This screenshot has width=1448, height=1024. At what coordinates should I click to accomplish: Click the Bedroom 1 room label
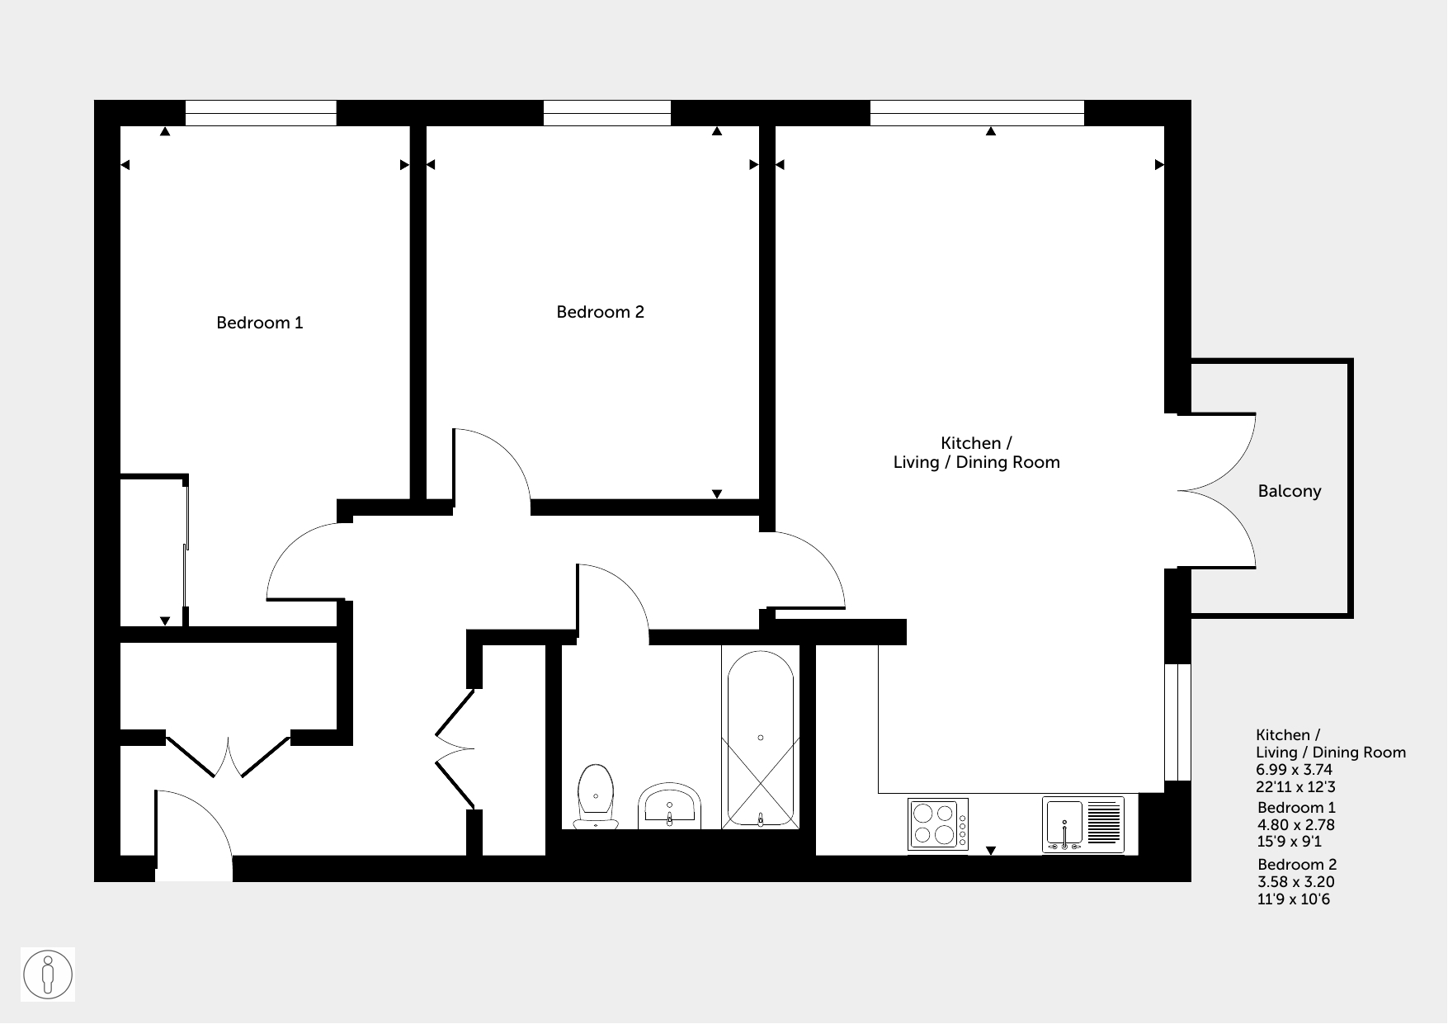(x=260, y=323)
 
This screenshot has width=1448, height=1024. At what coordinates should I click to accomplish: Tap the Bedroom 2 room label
(x=600, y=312)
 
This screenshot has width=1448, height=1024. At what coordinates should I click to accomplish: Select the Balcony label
(x=1290, y=492)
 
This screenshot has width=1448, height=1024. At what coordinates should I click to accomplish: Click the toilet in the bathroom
(x=596, y=796)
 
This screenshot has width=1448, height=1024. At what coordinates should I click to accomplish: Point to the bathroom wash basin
(x=669, y=806)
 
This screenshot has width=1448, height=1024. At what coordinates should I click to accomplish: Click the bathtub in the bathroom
(x=760, y=739)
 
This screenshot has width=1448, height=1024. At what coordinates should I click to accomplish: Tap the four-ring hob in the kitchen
(x=938, y=823)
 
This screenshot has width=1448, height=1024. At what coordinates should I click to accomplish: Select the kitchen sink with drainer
(x=1083, y=824)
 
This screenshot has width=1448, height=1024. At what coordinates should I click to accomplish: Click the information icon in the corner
(x=48, y=974)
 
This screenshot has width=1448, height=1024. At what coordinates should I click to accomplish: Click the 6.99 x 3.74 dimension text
(x=1295, y=769)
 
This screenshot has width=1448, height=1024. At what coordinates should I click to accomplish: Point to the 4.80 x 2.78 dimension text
(x=1296, y=825)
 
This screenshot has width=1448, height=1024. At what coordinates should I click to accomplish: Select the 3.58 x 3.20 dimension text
(x=1296, y=882)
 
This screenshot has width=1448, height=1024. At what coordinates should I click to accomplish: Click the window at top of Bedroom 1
(x=261, y=113)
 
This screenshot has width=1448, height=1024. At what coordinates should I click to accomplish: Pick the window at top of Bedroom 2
(x=607, y=113)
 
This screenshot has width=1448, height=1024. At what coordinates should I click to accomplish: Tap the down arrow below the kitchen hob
(x=991, y=851)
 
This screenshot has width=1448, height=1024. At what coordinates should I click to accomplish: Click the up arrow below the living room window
(x=991, y=131)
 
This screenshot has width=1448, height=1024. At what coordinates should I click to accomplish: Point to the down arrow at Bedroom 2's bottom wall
(x=717, y=494)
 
